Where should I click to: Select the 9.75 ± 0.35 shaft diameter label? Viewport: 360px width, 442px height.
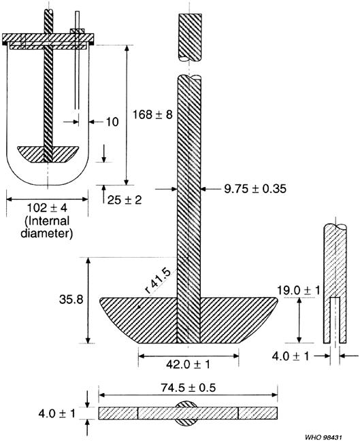click(246, 190)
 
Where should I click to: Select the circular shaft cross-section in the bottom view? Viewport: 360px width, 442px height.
click(188, 413)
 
